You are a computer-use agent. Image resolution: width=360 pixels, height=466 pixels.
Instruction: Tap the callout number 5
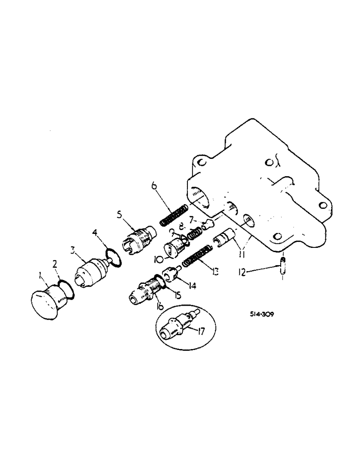tap(119, 216)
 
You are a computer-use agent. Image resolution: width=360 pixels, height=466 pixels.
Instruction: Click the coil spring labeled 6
tap(173, 215)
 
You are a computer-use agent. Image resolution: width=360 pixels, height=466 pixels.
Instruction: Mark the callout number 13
tap(215, 270)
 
